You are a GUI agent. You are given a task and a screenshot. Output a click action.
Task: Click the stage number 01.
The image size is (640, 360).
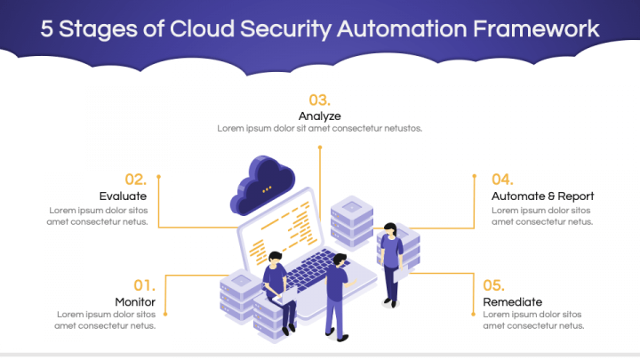coord(144,285)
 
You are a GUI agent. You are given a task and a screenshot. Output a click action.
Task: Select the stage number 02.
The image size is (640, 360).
coord(135,179)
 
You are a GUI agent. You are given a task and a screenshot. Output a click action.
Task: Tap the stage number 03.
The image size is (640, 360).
coord(319,100)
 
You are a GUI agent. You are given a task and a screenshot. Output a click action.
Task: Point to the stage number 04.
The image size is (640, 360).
coord(502,179)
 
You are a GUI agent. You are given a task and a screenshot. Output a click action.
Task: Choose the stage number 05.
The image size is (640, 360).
coord(493,285)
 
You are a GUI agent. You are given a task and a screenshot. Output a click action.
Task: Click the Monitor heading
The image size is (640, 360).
coord(135,301)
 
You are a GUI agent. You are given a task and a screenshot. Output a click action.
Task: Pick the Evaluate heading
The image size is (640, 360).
coord(123,196)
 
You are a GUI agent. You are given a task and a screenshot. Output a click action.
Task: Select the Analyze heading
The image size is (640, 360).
coord(319,116)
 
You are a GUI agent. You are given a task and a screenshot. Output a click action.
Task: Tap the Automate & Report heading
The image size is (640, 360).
coord(542,196)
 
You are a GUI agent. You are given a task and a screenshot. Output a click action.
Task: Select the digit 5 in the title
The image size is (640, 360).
coord(48,28)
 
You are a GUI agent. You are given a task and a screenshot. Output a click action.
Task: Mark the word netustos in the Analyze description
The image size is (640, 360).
coord(402,128)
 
